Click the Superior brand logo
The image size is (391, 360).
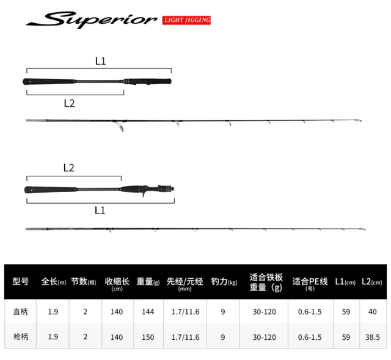pyautogui.click(x=91, y=20)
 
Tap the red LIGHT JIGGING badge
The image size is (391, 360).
pyautogui.click(x=186, y=20)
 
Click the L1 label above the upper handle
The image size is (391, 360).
pyautogui.click(x=100, y=61)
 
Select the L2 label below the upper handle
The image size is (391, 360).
pyautogui.click(x=69, y=103)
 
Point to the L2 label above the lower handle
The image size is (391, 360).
pyautogui.click(x=69, y=168)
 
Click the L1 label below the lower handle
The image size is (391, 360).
pyautogui.click(x=100, y=211)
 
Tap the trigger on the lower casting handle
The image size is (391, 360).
pyautogui.click(x=143, y=194)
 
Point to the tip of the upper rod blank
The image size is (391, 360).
pyautogui.click(x=361, y=121)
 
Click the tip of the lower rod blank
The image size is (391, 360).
pyautogui.click(x=365, y=229)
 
